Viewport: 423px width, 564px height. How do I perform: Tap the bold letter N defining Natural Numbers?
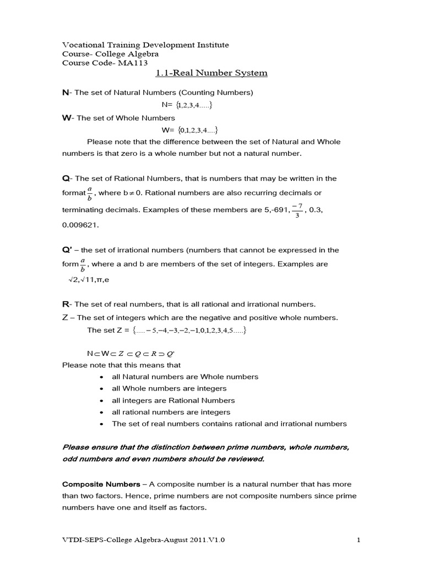pos(65,93)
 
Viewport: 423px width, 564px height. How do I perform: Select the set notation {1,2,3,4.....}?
pos(191,105)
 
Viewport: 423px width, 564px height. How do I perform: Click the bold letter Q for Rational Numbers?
pos(66,178)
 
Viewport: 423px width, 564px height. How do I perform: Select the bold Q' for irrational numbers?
pos(67,250)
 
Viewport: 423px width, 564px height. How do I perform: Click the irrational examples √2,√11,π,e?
pos(89,280)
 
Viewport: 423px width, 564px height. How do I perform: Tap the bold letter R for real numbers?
pos(65,304)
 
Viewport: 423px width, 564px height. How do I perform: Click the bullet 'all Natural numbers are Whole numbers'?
pos(185,377)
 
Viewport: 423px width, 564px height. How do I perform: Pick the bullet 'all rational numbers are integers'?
pos(171,412)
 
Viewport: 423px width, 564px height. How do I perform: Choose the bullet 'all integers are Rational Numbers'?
pos(173,400)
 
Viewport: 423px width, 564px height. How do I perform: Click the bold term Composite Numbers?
pos(101,484)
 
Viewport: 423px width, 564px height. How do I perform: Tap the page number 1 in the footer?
pos(358,540)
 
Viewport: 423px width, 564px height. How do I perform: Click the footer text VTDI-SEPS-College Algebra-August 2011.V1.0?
pos(143,540)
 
